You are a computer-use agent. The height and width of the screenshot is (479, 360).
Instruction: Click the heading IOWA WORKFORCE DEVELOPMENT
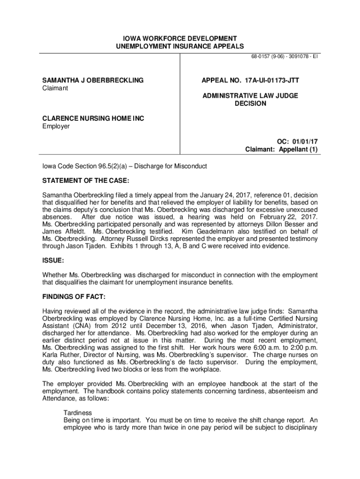click(180, 38)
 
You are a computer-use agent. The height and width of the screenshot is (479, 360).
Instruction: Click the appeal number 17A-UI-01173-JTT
click(271, 80)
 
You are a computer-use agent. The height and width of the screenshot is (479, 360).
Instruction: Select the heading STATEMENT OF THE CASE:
click(86, 181)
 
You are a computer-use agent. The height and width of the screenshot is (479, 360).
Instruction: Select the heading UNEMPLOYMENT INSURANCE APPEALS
click(180, 46)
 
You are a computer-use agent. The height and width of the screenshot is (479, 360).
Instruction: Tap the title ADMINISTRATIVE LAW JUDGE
click(250, 95)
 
